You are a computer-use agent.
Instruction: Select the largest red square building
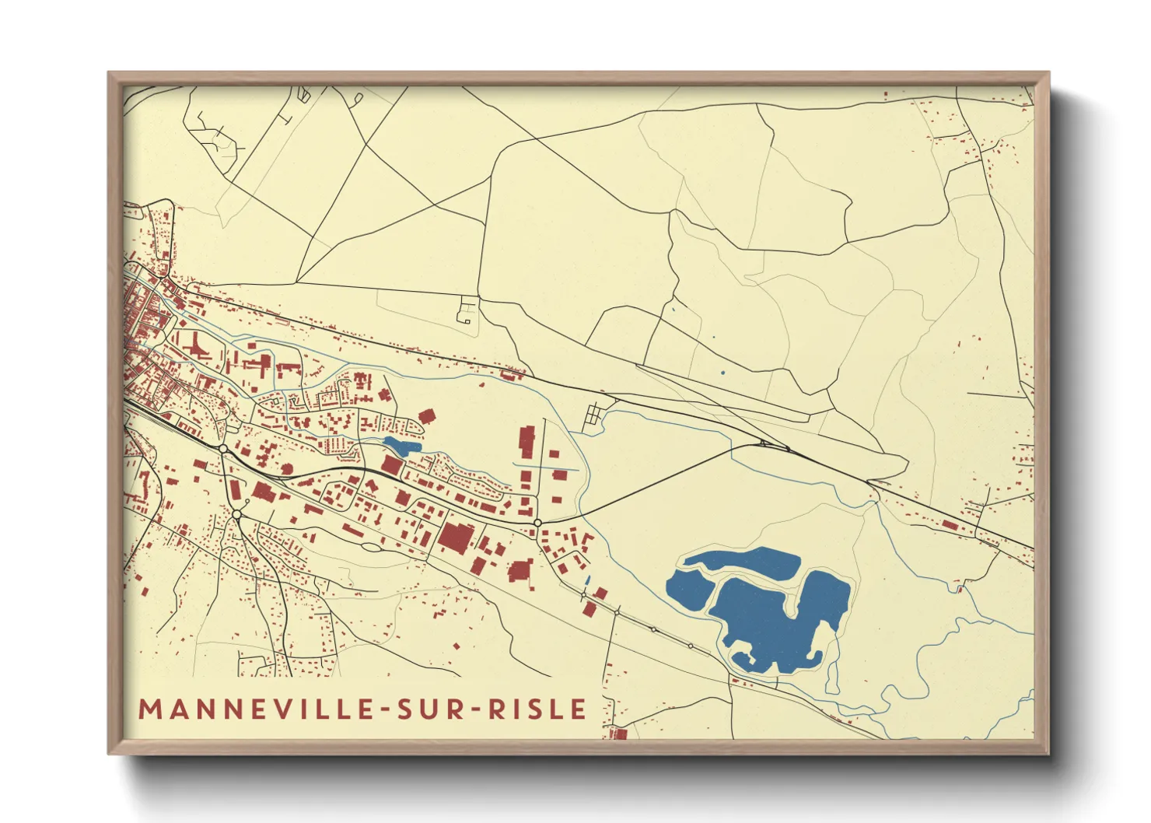tap(457, 538)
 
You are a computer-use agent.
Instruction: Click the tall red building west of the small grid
tap(527, 442)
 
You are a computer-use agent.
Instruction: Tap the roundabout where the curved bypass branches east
tap(537, 523)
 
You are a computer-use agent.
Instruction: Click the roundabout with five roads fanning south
tap(237, 514)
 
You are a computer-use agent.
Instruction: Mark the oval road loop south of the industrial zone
tap(372, 547)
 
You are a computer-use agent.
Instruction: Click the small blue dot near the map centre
tap(722, 373)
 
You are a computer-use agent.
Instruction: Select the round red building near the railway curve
tap(286, 468)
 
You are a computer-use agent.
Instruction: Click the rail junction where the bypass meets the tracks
tap(764, 444)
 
